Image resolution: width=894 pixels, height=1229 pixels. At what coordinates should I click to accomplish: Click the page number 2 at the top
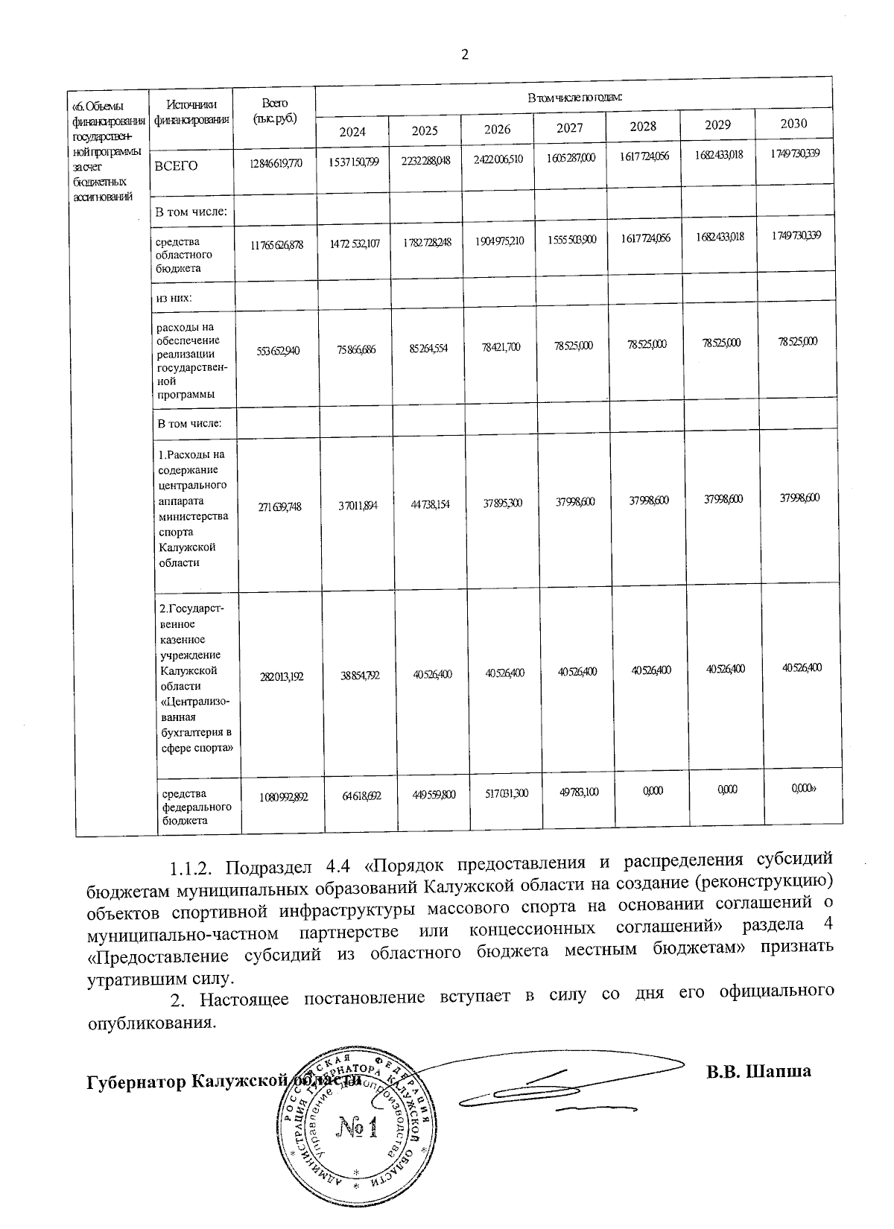point(465,54)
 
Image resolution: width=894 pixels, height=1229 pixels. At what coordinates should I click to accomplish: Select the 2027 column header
point(570,128)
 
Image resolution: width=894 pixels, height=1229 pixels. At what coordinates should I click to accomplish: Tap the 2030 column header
point(793,124)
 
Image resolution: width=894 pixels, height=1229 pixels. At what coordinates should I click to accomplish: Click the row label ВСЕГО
point(176,166)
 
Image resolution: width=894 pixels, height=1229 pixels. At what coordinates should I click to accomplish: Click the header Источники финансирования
point(191,112)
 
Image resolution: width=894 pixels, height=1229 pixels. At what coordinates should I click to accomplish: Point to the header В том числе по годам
point(574,98)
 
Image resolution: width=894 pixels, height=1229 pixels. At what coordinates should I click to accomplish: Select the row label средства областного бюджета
point(178,255)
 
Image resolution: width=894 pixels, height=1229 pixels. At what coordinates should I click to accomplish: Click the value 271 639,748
point(279,506)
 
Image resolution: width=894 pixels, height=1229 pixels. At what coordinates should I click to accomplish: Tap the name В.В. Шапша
point(758,1072)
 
